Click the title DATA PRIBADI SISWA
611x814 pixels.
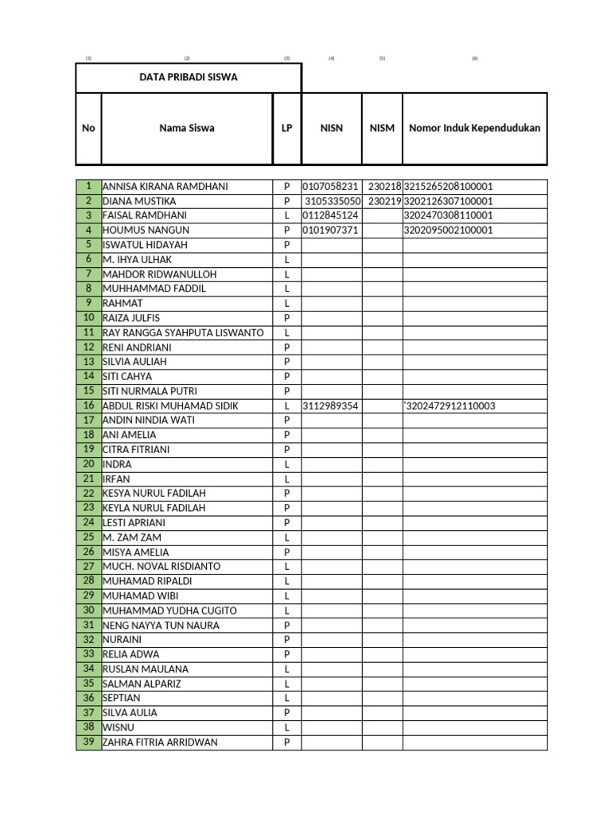tap(189, 77)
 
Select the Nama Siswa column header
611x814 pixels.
tap(186, 128)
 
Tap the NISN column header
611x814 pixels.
tap(331, 128)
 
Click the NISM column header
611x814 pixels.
tap(382, 128)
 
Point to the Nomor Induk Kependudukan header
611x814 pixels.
tap(474, 128)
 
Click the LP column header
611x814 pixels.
tap(286, 128)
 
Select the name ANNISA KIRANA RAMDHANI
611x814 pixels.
tap(165, 187)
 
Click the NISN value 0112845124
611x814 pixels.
tap(331, 215)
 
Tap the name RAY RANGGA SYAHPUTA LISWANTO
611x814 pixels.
tap(183, 333)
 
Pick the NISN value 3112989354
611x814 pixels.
tap(331, 406)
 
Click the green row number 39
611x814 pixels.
tap(88, 742)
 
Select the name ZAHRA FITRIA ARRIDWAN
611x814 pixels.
tap(160, 742)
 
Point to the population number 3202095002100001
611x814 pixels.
tap(449, 231)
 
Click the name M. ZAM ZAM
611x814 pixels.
tap(127, 537)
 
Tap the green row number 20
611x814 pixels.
tap(88, 464)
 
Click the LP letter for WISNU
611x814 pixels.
tap(286, 728)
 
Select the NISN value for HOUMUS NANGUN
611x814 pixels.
tap(331, 231)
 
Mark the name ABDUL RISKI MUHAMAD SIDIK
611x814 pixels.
tap(170, 406)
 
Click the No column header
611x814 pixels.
tap(88, 128)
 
